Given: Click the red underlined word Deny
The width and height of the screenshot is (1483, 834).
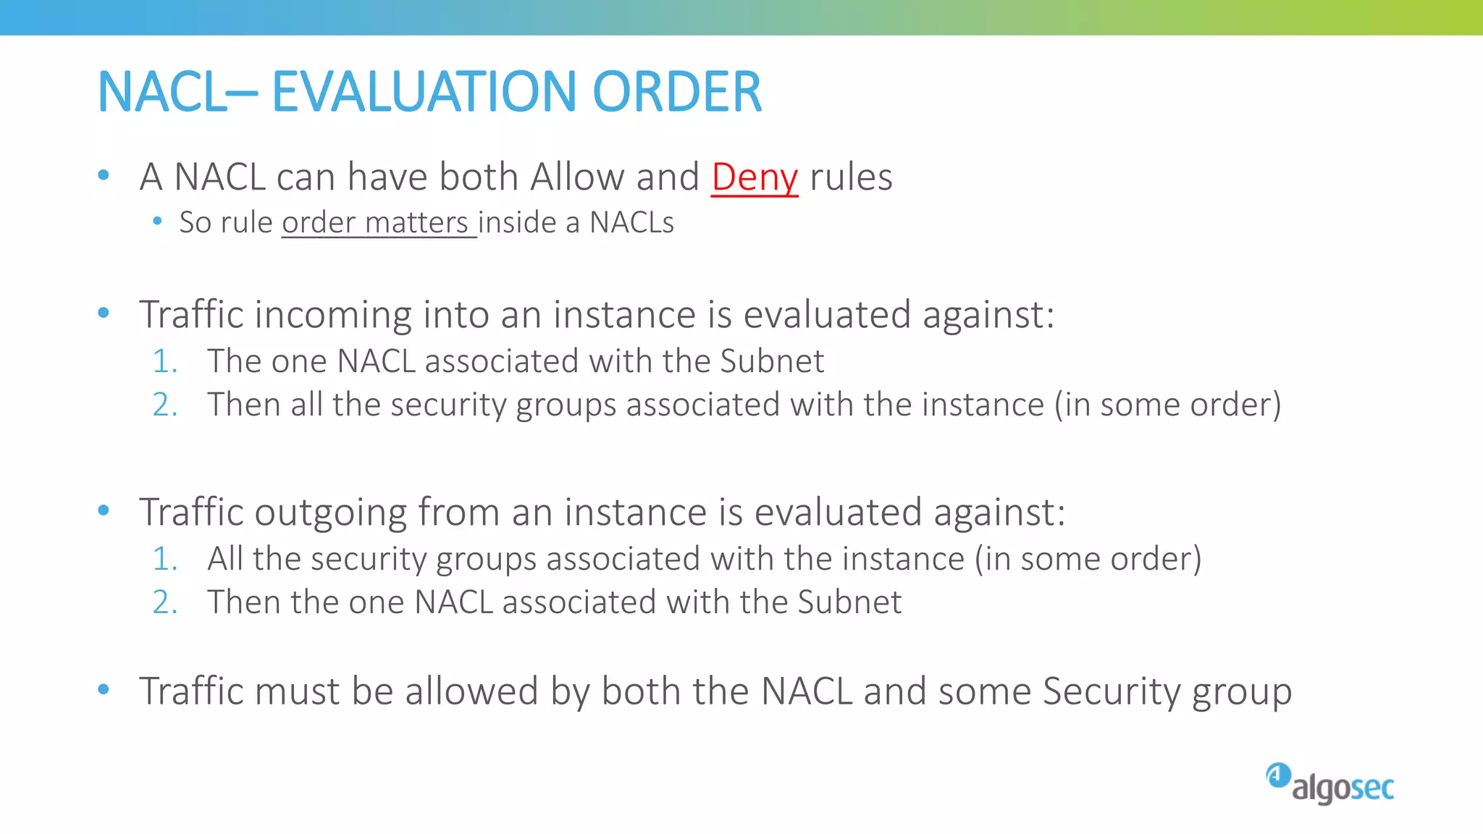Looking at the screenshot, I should tap(754, 177).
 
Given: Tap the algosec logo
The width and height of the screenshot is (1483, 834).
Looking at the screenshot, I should tap(1330, 784).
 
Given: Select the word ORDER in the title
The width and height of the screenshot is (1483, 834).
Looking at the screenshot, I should tap(677, 92).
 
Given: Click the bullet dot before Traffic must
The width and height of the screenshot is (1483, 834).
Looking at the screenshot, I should tap(104, 689).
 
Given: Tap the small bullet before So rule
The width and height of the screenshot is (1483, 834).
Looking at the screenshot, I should tap(157, 221).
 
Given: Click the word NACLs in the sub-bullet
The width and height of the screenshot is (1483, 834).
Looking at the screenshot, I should tap(631, 222).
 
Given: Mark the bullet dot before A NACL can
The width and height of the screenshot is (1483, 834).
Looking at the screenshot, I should tap(104, 174).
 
